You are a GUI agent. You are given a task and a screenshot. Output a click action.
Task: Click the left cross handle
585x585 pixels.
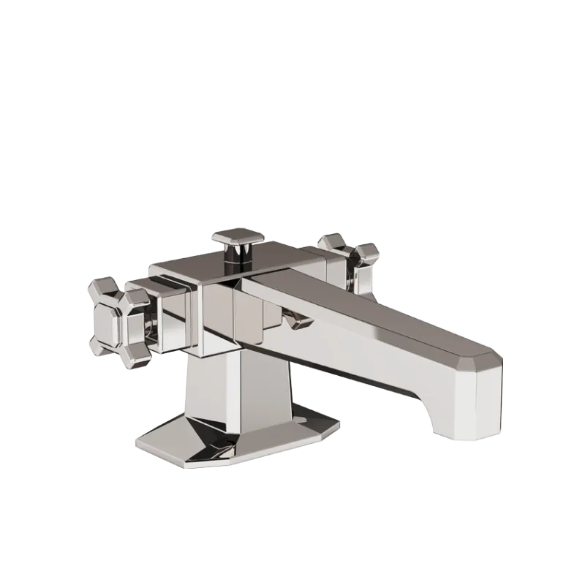(x=117, y=316)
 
